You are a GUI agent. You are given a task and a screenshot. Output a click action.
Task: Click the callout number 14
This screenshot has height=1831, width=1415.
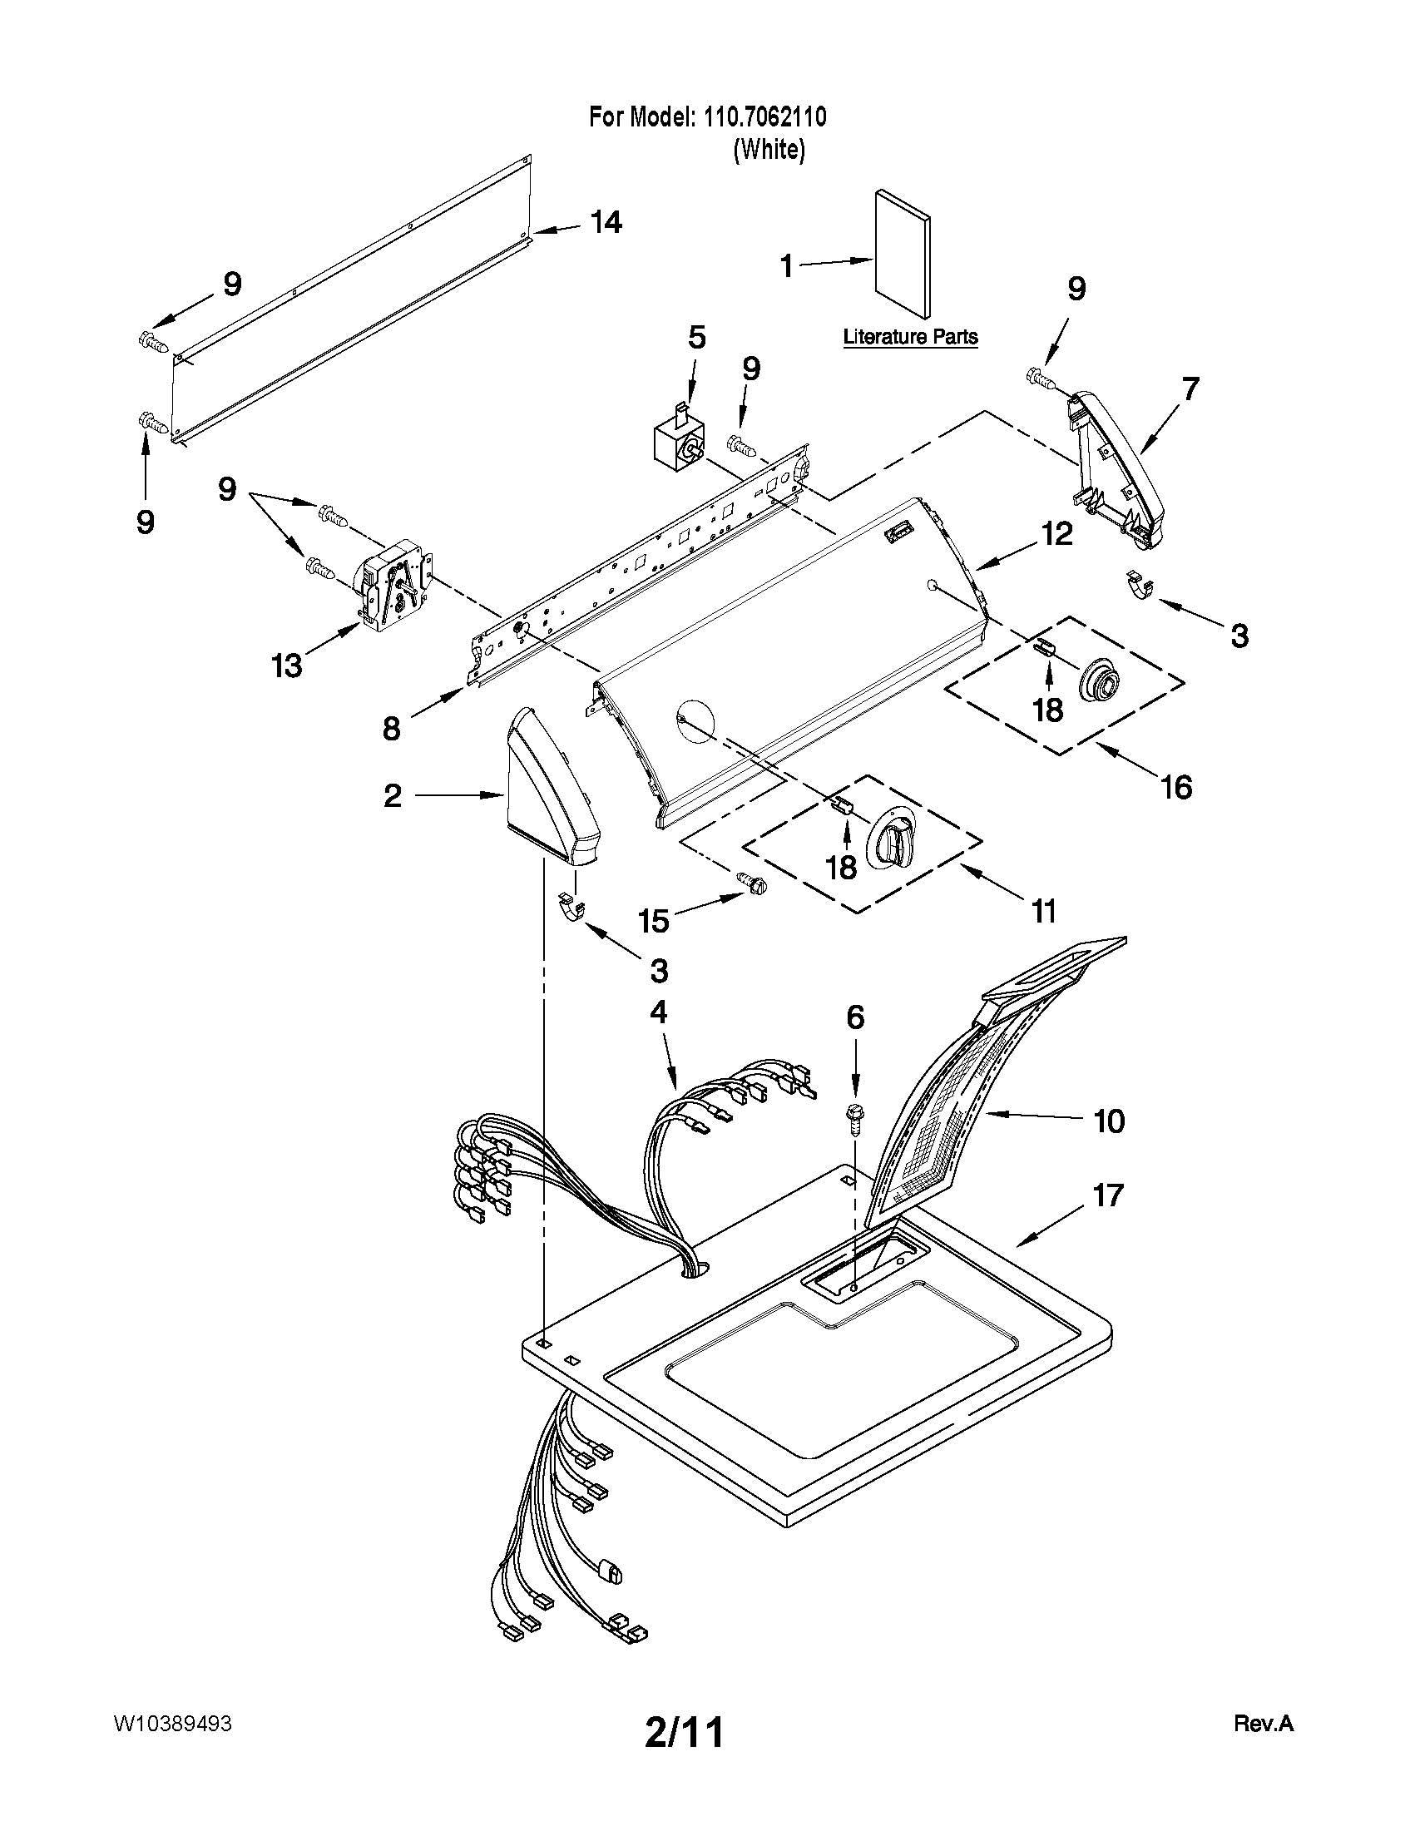pos(606,223)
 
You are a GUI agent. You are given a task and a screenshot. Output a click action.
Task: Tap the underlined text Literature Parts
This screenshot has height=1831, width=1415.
pos(909,337)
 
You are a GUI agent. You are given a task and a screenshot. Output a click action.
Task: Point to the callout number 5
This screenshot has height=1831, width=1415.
pos(696,338)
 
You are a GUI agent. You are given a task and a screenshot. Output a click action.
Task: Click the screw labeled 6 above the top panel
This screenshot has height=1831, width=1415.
pos(854,1120)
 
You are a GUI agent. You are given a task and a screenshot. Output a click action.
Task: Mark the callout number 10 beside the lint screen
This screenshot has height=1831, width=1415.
pos(1109,1121)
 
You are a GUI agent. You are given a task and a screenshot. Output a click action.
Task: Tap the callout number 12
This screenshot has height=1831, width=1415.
pos(1057,534)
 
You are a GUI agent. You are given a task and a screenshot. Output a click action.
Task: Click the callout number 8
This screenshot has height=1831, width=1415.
pos(392,729)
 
